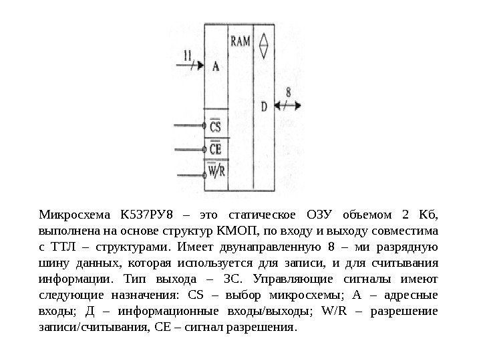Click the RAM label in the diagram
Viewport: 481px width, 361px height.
240,41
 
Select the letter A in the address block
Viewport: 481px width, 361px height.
216,66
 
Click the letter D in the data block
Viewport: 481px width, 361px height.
263,106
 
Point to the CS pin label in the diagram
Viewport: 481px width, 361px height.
215,126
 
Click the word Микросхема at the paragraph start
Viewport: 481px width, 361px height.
72,215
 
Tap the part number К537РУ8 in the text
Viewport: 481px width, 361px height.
146,215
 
